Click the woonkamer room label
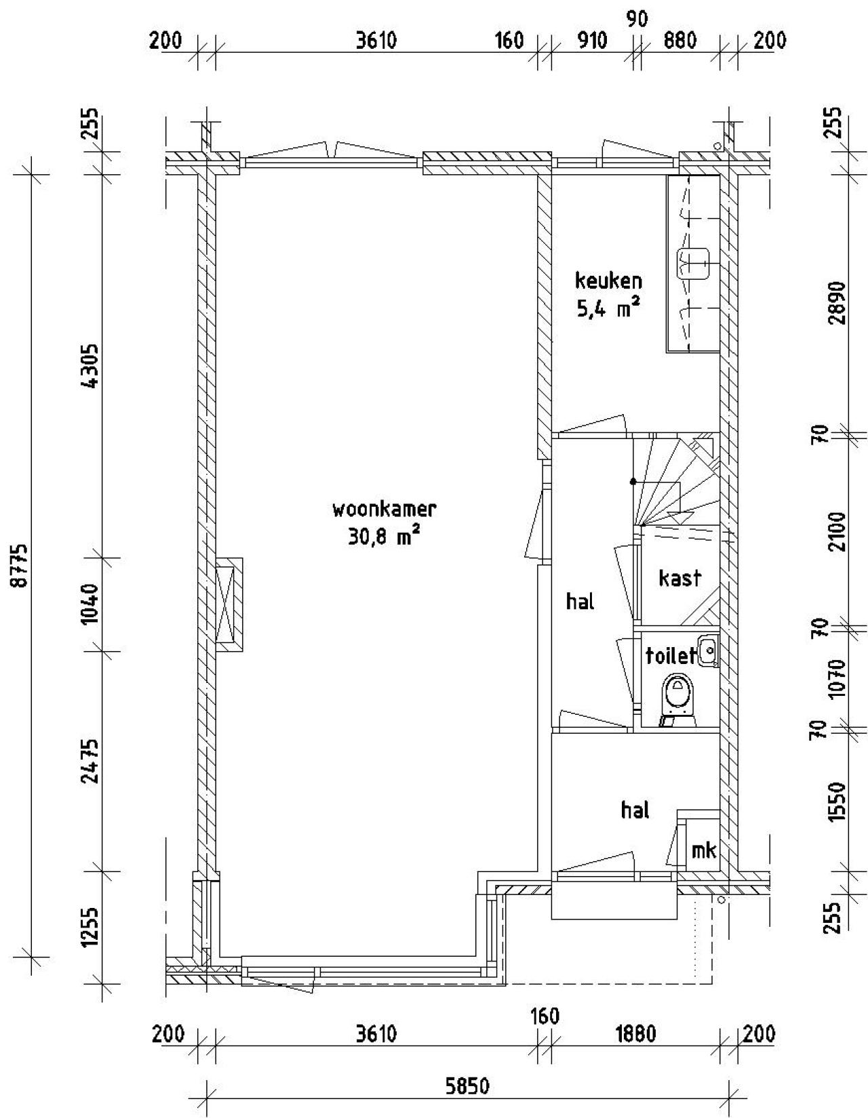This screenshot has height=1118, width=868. click(x=384, y=510)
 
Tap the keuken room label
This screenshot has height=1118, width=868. click(x=608, y=281)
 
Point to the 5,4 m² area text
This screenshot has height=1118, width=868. click(x=608, y=309)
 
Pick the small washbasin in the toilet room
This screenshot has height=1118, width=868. click(x=708, y=651)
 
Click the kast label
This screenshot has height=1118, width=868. click(x=679, y=578)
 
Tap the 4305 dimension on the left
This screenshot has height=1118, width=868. click(x=92, y=367)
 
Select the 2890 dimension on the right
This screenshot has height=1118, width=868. click(x=837, y=302)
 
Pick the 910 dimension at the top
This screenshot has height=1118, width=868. click(x=591, y=39)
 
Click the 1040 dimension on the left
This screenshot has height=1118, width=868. click(x=92, y=604)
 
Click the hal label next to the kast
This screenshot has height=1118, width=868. click(x=580, y=601)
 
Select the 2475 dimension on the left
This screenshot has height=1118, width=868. click(x=92, y=761)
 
